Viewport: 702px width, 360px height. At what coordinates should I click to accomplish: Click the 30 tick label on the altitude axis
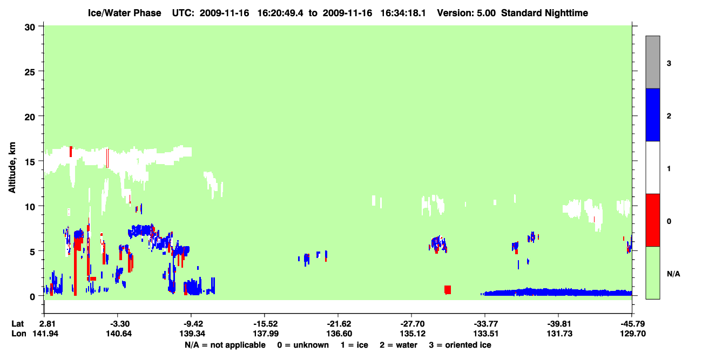pyautogui.click(x=30, y=28)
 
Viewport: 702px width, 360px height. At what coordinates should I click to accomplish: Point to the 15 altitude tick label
pyautogui.click(x=30, y=162)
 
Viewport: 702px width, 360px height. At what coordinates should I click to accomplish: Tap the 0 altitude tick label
pyautogui.click(x=32, y=297)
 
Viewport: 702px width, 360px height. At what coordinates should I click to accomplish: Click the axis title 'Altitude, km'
pyautogui.click(x=12, y=168)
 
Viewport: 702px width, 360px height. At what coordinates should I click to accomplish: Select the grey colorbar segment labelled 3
pyautogui.click(x=652, y=62)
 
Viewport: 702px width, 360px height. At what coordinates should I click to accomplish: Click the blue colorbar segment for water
pyautogui.click(x=652, y=114)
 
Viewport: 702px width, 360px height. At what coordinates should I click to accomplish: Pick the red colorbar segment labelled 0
pyautogui.click(x=652, y=220)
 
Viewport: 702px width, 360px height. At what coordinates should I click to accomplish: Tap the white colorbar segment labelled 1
pyautogui.click(x=652, y=167)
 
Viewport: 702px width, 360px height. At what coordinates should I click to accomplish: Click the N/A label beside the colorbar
pyautogui.click(x=673, y=274)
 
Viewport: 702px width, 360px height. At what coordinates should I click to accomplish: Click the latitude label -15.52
pyautogui.click(x=265, y=324)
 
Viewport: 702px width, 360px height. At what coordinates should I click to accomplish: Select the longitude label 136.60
pyautogui.click(x=339, y=334)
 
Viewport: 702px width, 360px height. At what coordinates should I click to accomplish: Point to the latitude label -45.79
pyautogui.click(x=632, y=324)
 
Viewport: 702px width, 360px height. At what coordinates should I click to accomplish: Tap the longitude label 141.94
pyautogui.click(x=45, y=334)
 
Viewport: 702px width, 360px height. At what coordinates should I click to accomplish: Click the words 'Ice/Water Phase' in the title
pyautogui.click(x=124, y=13)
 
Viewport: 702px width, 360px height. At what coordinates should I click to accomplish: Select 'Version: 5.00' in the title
pyautogui.click(x=467, y=13)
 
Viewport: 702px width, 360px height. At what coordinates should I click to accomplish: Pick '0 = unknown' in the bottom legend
pyautogui.click(x=303, y=345)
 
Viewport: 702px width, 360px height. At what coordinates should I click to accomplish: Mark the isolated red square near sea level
pyautogui.click(x=448, y=290)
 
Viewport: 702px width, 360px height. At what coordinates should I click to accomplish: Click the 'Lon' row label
pyautogui.click(x=19, y=334)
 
